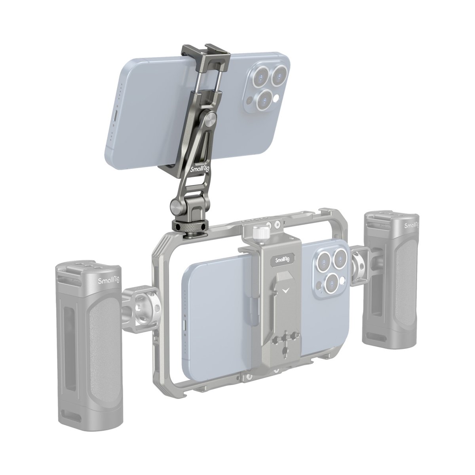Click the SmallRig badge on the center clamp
[282, 260]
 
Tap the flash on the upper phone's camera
[277, 98]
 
